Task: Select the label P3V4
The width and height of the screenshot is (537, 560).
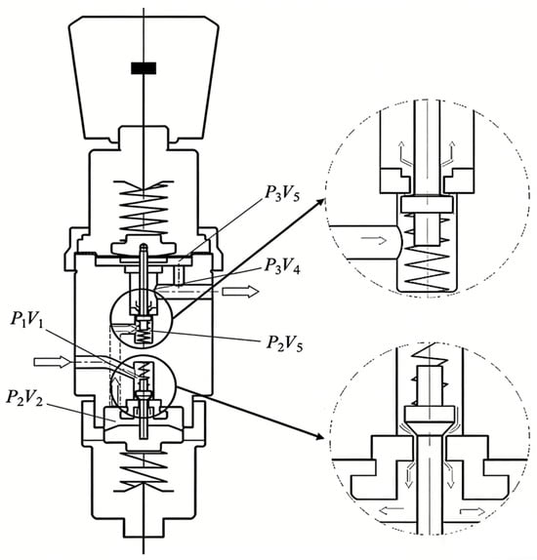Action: (x=282, y=266)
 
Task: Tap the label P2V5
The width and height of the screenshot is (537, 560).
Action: (x=284, y=343)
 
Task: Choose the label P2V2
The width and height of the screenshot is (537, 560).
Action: (x=24, y=398)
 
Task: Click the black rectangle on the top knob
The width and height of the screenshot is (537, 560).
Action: (x=144, y=68)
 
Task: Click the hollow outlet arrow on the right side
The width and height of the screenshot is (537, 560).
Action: (x=240, y=292)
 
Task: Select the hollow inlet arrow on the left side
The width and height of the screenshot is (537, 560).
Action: (x=52, y=362)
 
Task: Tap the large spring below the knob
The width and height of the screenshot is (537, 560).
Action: (x=144, y=207)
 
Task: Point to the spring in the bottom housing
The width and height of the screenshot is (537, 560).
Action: (x=144, y=470)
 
